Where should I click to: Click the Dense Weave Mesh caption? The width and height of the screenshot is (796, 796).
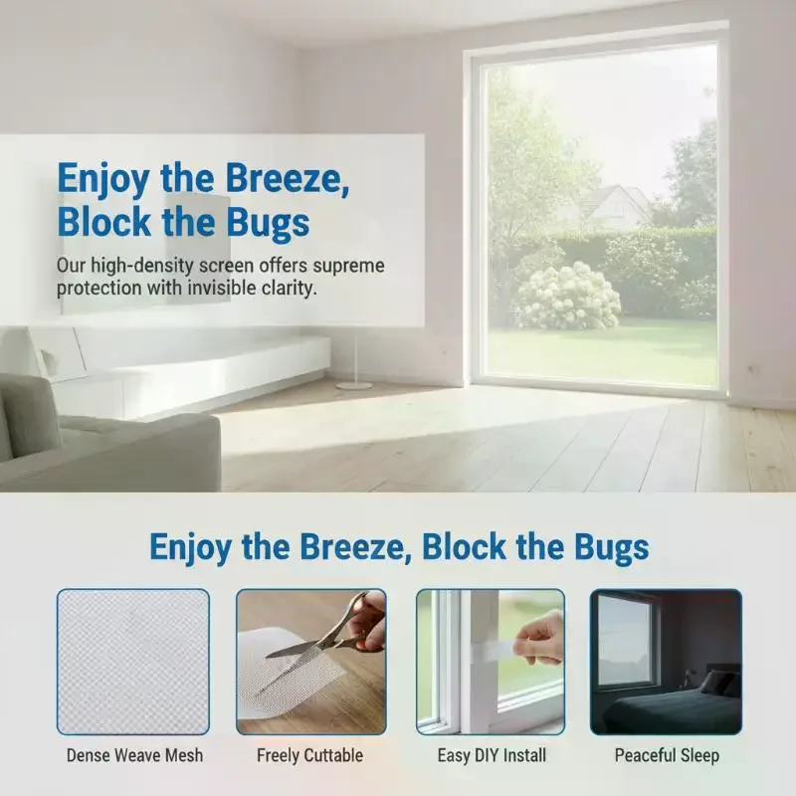[134, 755]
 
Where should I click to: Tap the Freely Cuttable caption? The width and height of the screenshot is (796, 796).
[309, 756]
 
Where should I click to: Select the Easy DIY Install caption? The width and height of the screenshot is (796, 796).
[492, 755]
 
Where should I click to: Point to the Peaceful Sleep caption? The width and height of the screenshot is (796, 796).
[667, 756]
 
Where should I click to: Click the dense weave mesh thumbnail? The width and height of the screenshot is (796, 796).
[133, 662]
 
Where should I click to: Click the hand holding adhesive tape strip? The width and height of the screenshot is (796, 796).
[539, 639]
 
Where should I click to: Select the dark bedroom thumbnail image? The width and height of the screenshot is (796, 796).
[666, 662]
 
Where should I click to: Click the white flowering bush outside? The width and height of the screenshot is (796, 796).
[568, 297]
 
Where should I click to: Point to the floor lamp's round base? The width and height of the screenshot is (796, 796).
[354, 386]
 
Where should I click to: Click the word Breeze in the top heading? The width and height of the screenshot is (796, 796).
[288, 178]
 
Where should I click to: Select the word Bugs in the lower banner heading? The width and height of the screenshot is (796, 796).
[612, 547]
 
